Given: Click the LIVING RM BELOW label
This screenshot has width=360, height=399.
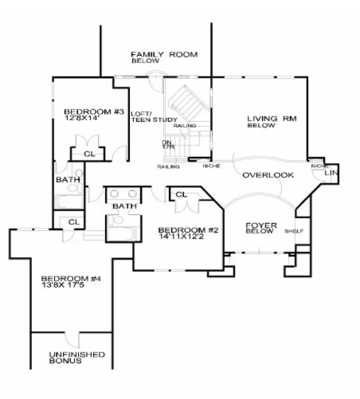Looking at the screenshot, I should tap(268, 121).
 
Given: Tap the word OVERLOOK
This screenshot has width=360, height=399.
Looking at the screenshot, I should tap(268, 175).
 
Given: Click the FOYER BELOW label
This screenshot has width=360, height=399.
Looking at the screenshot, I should tap(261, 228).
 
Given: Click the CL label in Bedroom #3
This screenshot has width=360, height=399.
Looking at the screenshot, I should tap(90, 154).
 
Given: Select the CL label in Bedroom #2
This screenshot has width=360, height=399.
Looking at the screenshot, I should tap(181, 194).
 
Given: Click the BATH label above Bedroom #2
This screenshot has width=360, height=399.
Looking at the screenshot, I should tap(124, 207).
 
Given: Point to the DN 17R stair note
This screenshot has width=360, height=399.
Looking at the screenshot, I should tap(167, 145).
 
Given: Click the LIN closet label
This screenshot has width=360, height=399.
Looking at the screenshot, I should tap(331, 173).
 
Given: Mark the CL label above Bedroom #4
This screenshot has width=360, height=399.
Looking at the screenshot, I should tap(74, 222).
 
